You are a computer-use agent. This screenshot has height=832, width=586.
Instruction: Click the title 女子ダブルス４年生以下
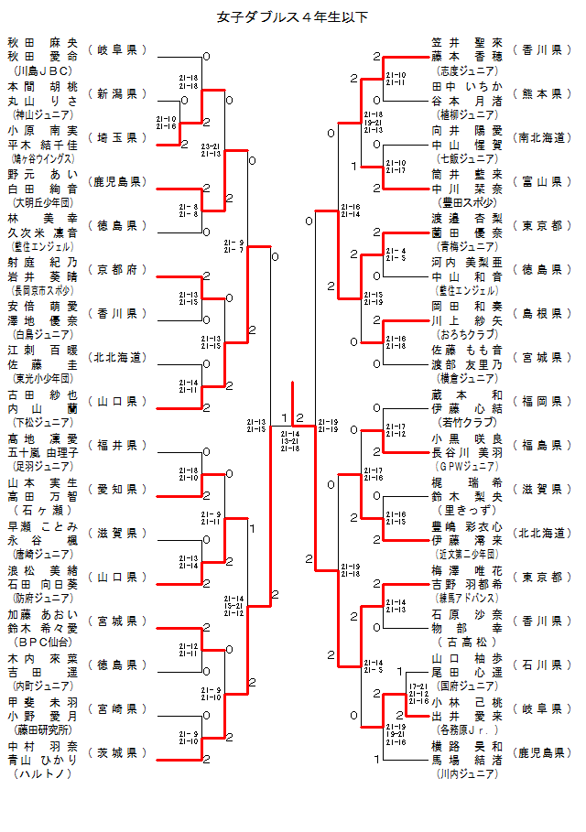[293, 16]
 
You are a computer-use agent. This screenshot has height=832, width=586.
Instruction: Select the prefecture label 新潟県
[117, 93]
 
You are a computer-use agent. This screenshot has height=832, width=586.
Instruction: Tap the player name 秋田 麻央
[43, 42]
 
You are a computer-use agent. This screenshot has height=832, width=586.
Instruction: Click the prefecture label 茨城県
[117, 752]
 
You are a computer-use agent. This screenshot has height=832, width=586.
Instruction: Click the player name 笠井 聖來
[467, 42]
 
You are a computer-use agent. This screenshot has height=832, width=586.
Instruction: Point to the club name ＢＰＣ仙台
[43, 642]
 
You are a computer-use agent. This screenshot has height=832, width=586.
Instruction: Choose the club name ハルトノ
[43, 773]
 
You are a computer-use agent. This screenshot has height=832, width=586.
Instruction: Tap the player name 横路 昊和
[467, 746]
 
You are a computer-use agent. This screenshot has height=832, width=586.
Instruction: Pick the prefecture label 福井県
[117, 445]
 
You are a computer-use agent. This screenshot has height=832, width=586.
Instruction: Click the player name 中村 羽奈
[43, 746]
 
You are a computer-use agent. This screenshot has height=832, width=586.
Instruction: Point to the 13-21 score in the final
[290, 440]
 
